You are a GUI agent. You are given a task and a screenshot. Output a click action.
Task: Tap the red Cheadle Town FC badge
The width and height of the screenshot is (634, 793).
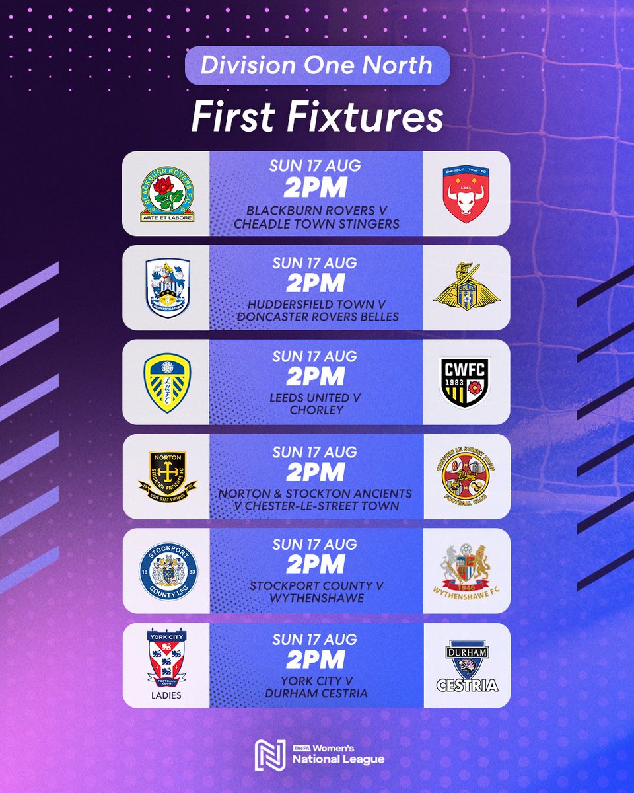coord(466,193)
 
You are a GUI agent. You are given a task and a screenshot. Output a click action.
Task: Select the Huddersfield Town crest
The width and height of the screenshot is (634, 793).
coord(167,287)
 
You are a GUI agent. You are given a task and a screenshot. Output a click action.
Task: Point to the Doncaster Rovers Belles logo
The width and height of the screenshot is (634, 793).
coord(466,287)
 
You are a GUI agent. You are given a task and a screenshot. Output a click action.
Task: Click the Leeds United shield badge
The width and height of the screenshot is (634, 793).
coord(167,382)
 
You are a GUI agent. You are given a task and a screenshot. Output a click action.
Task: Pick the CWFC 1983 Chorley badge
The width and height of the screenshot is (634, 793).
coord(466,382)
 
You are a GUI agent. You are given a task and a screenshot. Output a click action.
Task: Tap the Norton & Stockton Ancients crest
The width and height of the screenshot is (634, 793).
coord(167,476)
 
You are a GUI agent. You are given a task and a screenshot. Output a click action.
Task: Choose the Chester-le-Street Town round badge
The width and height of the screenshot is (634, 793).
coord(466,476)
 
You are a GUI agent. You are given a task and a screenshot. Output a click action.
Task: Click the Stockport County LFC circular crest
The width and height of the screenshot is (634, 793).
coord(167,571)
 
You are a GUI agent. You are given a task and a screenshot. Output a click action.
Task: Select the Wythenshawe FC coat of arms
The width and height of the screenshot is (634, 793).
coord(466,571)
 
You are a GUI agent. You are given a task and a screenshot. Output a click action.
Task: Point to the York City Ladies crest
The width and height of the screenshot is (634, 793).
coord(167,664)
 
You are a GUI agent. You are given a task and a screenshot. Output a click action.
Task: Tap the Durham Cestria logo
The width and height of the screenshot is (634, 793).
coord(466,665)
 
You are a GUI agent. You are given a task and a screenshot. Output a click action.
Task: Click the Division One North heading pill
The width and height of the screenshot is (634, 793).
coord(317,65)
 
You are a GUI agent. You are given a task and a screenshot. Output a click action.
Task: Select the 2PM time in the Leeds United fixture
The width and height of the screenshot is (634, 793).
coord(316,377)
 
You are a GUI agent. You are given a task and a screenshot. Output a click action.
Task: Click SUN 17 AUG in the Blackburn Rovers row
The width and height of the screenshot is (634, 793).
coord(316,167)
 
